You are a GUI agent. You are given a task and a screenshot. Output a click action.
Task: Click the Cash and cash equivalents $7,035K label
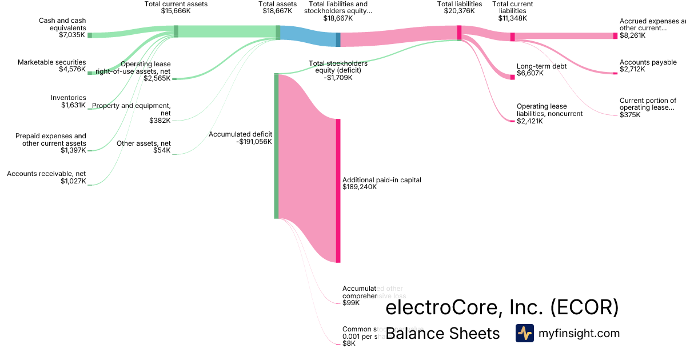click(62, 27)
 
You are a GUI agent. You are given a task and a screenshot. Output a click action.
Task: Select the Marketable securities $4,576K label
click(52, 66)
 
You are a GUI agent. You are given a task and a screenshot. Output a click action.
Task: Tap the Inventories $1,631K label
click(69, 101)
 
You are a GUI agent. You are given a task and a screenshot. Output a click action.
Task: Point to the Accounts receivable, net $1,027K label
click(46, 177)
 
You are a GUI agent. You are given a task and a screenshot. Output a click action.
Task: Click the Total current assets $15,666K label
click(176, 7)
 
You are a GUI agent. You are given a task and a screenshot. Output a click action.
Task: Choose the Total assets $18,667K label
click(278, 7)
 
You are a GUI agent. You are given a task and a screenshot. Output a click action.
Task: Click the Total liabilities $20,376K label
click(460, 7)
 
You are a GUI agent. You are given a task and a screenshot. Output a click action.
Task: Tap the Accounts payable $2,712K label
click(648, 66)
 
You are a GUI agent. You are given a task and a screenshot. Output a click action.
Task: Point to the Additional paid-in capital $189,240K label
click(381, 183)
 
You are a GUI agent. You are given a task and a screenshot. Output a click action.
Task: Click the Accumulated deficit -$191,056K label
click(240, 138)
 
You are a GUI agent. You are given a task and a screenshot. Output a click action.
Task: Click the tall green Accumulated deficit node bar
click(277, 146)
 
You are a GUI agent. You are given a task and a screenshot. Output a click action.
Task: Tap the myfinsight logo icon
click(524, 333)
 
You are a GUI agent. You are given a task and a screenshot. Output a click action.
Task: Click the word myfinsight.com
click(579, 333)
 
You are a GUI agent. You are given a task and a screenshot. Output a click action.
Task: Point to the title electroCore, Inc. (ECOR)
click(502, 308)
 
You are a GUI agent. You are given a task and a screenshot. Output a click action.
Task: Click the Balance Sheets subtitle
click(442, 333)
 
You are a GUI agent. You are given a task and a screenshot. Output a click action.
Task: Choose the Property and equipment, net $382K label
click(131, 113)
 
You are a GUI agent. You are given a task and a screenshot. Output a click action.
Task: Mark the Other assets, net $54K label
click(143, 147)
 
